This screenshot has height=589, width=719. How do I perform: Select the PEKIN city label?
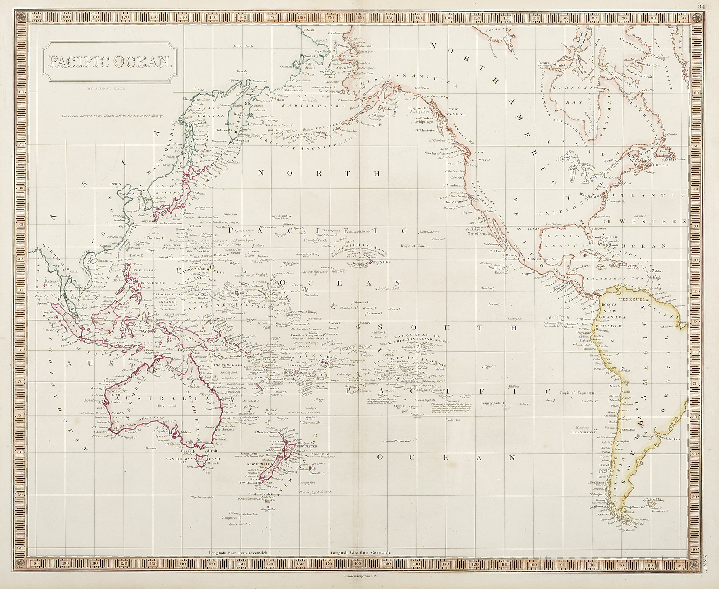[x=115, y=183]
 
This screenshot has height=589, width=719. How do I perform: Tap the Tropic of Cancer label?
[x=414, y=246]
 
